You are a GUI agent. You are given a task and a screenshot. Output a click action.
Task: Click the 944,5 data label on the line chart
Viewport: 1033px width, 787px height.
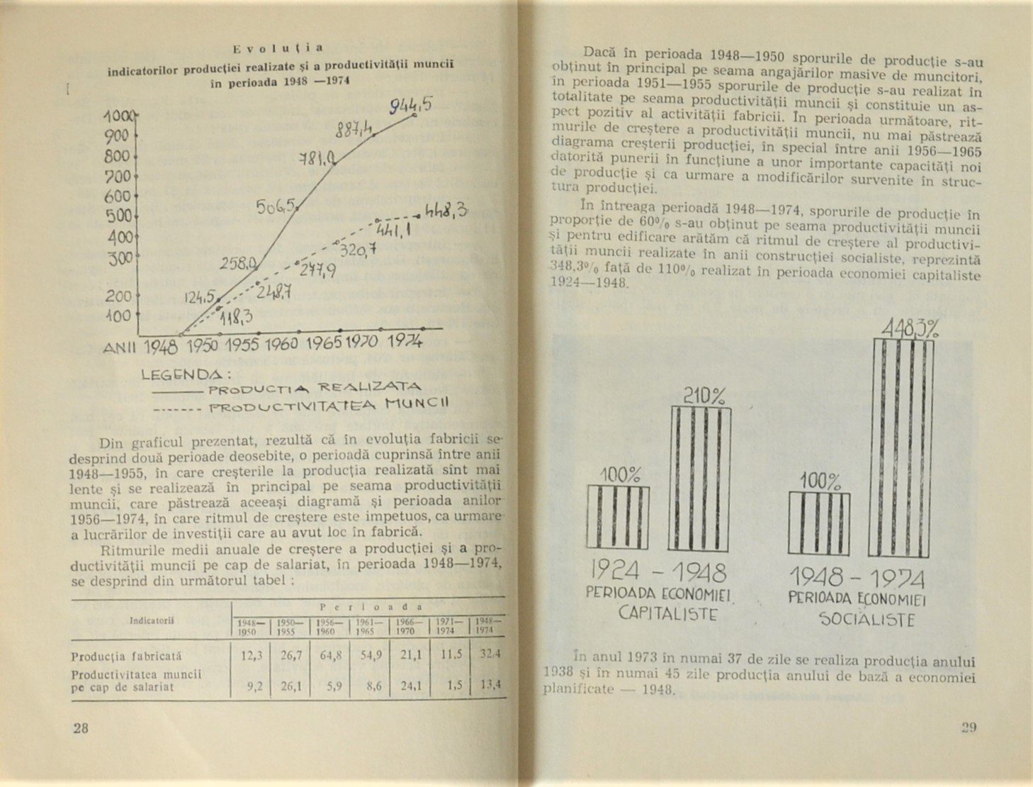coord(411,106)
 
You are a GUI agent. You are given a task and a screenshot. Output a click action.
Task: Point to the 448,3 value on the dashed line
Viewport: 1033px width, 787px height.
coord(446,211)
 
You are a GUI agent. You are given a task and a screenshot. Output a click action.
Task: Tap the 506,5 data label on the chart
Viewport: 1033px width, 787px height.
coord(276,207)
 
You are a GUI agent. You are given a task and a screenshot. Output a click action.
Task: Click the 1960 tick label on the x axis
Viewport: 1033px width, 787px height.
coord(281,345)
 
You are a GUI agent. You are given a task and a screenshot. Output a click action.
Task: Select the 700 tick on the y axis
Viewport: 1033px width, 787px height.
coord(117,176)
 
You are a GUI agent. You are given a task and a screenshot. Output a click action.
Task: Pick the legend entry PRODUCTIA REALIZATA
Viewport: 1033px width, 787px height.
coord(315,388)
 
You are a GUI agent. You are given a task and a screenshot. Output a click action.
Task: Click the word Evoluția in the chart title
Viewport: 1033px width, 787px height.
coord(278,48)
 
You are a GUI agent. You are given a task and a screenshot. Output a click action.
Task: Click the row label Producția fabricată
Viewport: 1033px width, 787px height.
coord(127,657)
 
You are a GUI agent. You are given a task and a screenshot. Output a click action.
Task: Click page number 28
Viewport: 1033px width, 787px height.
coord(81,727)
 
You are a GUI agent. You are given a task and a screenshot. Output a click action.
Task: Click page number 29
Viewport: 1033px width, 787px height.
coord(969,727)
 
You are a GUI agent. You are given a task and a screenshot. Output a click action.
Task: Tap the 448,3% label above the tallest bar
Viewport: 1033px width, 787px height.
coord(910,328)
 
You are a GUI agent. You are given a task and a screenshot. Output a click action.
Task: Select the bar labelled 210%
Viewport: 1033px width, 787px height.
coord(699,479)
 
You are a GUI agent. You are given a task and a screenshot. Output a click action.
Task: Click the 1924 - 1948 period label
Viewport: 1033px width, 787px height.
coord(657,571)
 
